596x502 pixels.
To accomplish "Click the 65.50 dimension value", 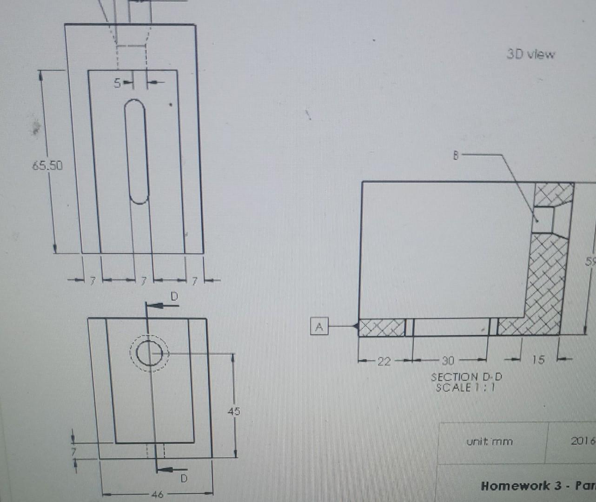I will pyautogui.click(x=47, y=165).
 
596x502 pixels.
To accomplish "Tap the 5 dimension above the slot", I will pyautogui.click(x=118, y=83).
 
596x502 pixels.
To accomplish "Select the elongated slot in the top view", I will pyautogui.click(x=137, y=152).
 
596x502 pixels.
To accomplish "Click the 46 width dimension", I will pyautogui.click(x=157, y=494).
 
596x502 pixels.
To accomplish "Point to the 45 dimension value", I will pyautogui.click(x=234, y=411).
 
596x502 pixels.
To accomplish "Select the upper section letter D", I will pyautogui.click(x=174, y=296).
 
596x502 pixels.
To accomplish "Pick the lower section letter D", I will pyautogui.click(x=184, y=478).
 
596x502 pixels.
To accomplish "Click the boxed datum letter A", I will pyautogui.click(x=319, y=327).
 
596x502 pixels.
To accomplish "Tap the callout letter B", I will pyautogui.click(x=456, y=156).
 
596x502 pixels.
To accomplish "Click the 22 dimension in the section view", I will pyautogui.click(x=384, y=361).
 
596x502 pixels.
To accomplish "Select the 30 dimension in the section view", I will pyautogui.click(x=448, y=361).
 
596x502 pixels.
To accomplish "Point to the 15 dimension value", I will pyautogui.click(x=538, y=359).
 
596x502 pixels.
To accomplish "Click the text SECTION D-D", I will pyautogui.click(x=466, y=377).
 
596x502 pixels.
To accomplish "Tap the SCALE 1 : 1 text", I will pyautogui.click(x=465, y=387).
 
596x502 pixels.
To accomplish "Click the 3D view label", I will pyautogui.click(x=530, y=54).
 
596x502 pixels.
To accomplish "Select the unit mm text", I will pyautogui.click(x=490, y=441).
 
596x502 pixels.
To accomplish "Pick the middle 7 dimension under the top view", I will pyautogui.click(x=144, y=281).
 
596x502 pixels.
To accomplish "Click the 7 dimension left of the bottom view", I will pyautogui.click(x=73, y=451).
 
